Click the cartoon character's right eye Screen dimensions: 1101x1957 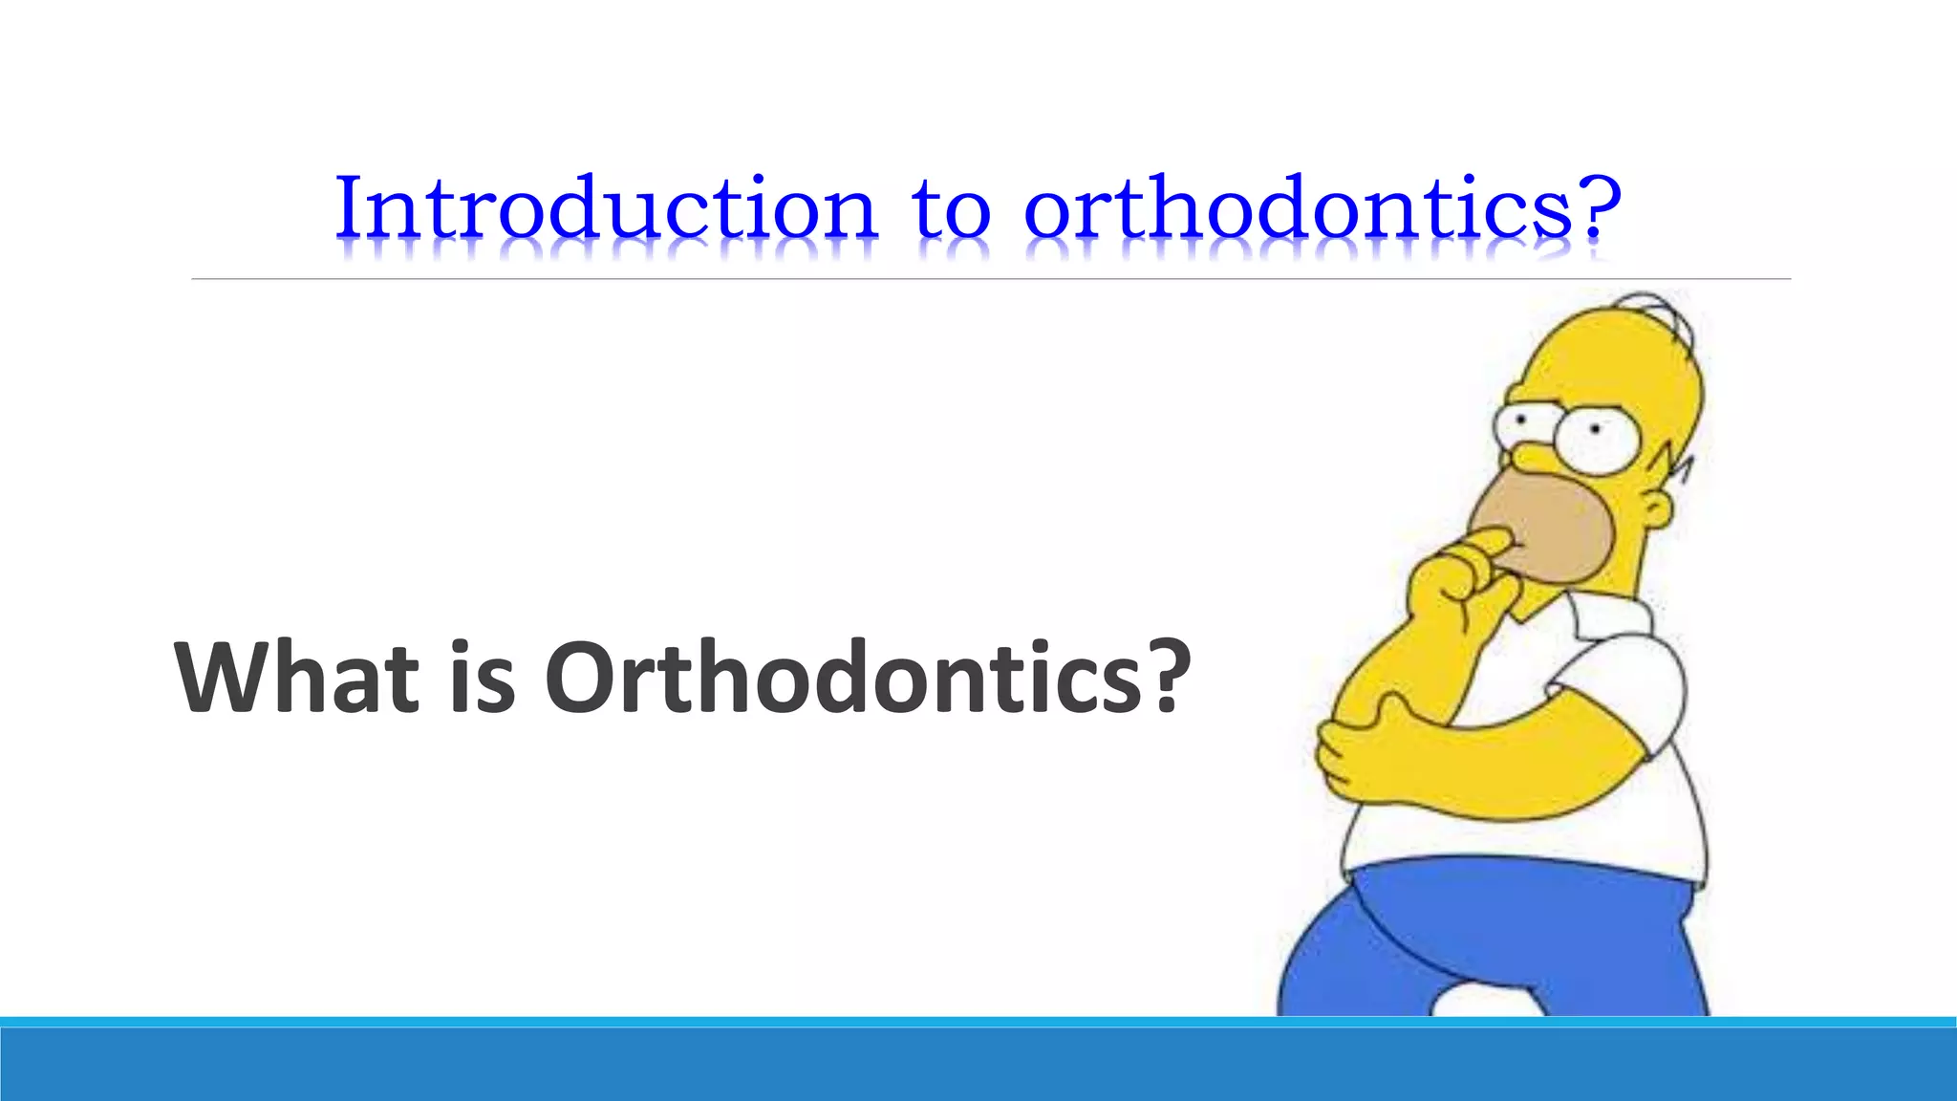click(x=1596, y=437)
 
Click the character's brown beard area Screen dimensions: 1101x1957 click(x=1548, y=530)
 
